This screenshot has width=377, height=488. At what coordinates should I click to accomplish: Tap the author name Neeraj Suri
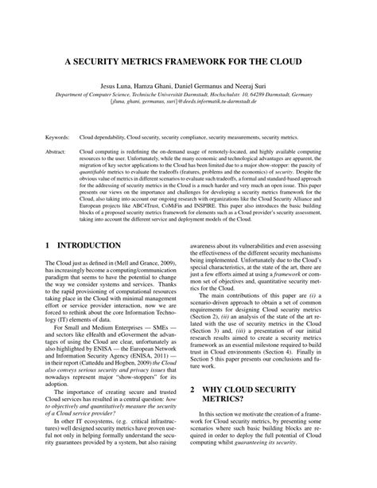261,84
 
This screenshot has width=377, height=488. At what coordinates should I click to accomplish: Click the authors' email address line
188,102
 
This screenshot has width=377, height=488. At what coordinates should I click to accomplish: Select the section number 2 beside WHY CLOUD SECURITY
196,412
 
